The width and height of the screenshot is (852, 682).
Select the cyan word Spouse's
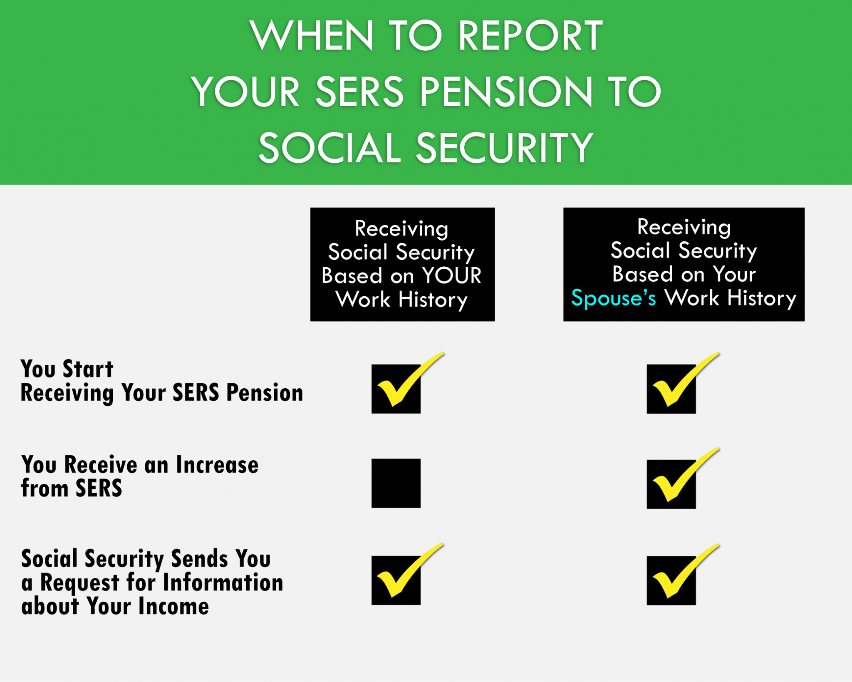point(614,298)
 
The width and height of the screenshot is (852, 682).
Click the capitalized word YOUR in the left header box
point(452,275)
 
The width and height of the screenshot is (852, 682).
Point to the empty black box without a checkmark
point(396,483)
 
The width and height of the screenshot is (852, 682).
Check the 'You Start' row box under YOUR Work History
point(396,389)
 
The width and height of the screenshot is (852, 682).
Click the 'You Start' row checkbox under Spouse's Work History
point(671,389)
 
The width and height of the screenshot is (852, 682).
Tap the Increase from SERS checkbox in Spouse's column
point(671,484)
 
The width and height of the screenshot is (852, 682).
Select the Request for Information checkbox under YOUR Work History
point(396,580)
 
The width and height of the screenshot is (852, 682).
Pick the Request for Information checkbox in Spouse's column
point(671,580)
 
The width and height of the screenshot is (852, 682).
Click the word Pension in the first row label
point(265,392)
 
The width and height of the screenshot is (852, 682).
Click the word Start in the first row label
point(88,369)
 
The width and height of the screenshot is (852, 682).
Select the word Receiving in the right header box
point(684,227)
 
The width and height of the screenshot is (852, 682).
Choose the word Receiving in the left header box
point(401,229)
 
